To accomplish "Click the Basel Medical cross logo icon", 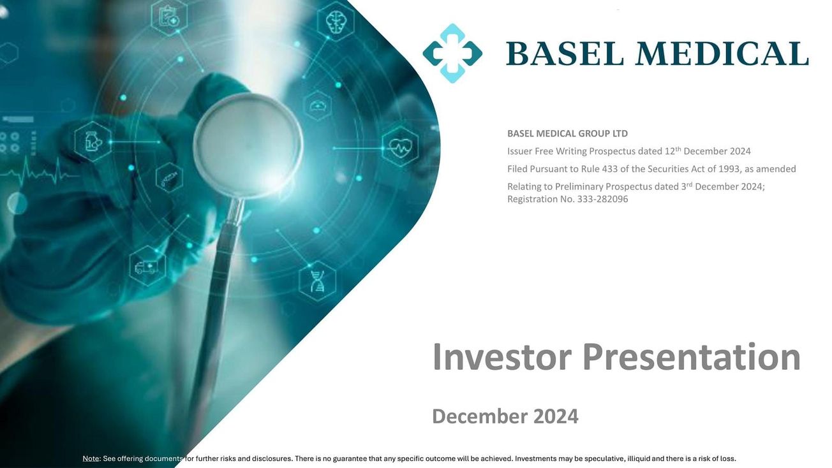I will coord(452,54).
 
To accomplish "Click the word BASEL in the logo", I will coord(565,54).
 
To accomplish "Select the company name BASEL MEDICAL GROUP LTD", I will coord(567,134).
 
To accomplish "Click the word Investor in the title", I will coord(501,357).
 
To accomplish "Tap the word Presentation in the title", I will coord(692,357).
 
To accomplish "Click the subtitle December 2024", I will coord(505,416).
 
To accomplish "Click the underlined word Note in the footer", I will coord(91,458).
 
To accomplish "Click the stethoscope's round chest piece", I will coord(248,136).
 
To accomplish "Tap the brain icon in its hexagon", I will coord(334,22).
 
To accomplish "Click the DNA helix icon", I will coord(317,280).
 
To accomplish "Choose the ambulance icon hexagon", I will coord(147,265).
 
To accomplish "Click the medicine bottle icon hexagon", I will coord(93,141).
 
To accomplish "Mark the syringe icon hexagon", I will coord(169,178).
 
